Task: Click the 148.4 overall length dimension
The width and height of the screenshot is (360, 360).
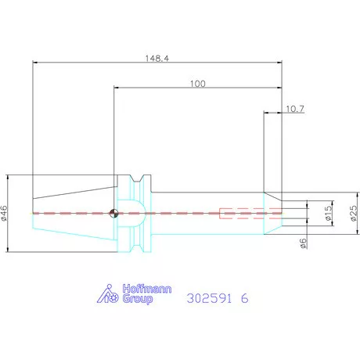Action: tap(157, 58)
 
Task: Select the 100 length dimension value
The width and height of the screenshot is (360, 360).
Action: tap(198, 84)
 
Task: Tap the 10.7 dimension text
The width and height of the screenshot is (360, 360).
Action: tap(295, 109)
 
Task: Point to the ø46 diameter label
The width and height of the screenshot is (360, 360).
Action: tap(5, 214)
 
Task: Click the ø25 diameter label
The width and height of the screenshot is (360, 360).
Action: tap(354, 214)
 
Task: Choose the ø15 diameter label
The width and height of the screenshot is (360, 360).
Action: tap(329, 213)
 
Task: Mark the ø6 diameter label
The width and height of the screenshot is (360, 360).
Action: tap(303, 243)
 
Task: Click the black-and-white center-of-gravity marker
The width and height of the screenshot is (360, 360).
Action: tap(113, 213)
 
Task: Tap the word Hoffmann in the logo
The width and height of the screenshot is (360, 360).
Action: tap(147, 289)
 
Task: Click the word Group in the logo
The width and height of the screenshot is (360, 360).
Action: tap(138, 299)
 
